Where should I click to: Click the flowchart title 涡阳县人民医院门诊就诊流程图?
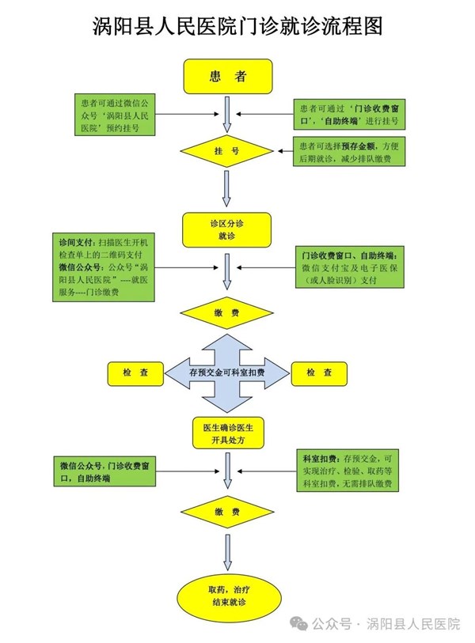tap(237, 26)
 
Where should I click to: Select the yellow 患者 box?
tap(228, 76)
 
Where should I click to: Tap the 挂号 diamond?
tap(227, 150)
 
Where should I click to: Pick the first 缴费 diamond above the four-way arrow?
tap(227, 313)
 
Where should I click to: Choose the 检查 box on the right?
tap(318, 373)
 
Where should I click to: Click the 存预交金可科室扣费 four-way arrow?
tap(227, 373)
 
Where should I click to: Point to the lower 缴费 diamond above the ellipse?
tap(227, 513)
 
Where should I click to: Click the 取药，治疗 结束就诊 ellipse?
tap(227, 596)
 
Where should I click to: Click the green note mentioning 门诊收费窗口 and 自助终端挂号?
tap(348, 115)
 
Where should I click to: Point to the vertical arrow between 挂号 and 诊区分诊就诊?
tap(227, 187)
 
